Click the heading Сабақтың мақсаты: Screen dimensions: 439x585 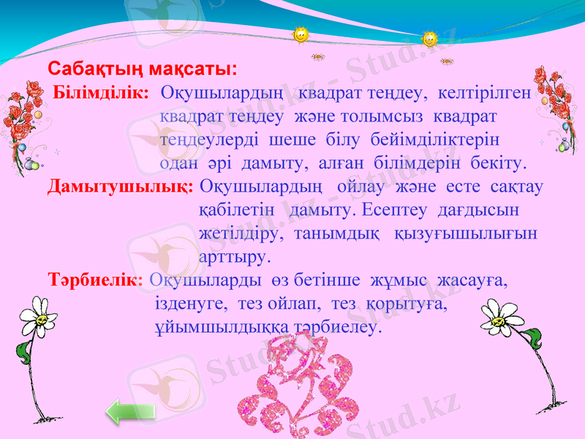point(142,70)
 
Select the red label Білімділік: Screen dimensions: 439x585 point(102,93)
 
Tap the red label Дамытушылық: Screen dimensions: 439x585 point(120,187)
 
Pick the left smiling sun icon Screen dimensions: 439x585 point(300,34)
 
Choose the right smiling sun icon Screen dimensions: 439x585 point(430,39)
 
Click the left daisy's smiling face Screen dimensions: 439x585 point(44,319)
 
